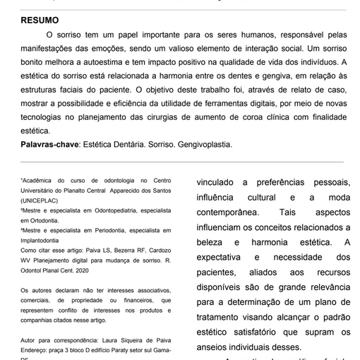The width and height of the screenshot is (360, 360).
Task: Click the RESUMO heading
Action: tap(40, 20)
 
